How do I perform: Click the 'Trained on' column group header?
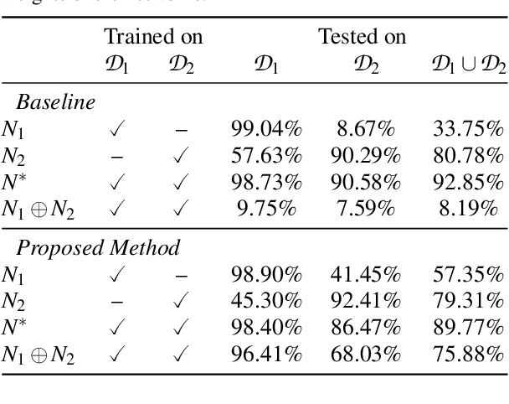152,37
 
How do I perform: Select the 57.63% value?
266,155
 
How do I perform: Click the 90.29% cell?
365,155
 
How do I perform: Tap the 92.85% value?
468,182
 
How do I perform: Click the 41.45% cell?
365,274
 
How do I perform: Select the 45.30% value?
266,301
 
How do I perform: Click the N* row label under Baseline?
13,182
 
